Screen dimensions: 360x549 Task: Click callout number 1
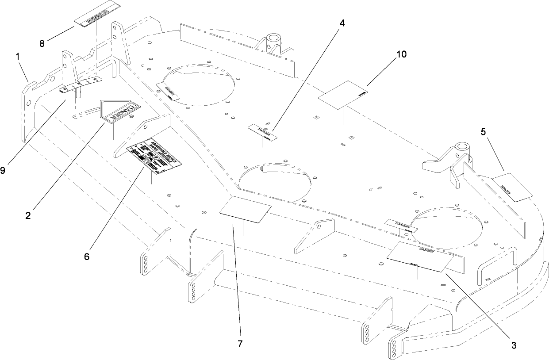(18, 57)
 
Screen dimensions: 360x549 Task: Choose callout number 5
(483, 131)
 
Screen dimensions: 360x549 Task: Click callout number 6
(87, 256)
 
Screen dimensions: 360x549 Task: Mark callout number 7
(240, 344)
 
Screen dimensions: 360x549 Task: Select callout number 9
(3, 170)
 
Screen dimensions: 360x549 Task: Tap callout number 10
(401, 54)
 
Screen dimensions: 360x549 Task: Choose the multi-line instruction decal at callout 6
(152, 156)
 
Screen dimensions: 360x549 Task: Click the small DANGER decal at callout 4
(263, 132)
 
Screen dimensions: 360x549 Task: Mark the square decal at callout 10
(345, 93)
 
